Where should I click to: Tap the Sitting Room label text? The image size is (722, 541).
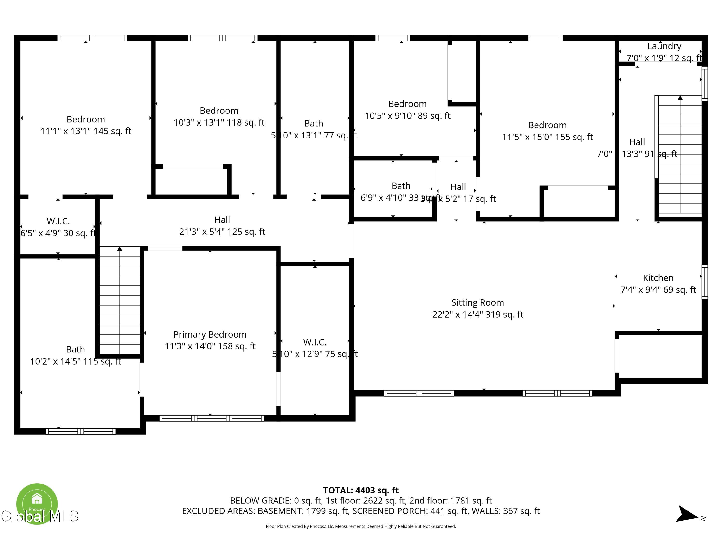tap(477, 303)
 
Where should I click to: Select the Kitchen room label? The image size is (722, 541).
tap(658, 278)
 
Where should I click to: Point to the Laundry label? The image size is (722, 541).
tap(664, 46)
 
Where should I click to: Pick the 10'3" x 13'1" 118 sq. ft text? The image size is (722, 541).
tap(219, 123)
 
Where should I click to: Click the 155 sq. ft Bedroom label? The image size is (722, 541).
tap(547, 125)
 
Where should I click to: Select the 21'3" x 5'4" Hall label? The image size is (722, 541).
tap(222, 232)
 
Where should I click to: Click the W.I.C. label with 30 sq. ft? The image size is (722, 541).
tap(58, 221)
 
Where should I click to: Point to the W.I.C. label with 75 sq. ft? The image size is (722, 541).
tap(314, 342)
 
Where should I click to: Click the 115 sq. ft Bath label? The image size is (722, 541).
tap(75, 350)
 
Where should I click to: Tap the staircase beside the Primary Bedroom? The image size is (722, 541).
tap(119, 300)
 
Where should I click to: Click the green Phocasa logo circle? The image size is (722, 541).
tap(37, 503)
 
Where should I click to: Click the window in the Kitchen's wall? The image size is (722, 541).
tap(704, 282)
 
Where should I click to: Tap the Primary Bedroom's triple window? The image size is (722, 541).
tap(212, 418)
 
